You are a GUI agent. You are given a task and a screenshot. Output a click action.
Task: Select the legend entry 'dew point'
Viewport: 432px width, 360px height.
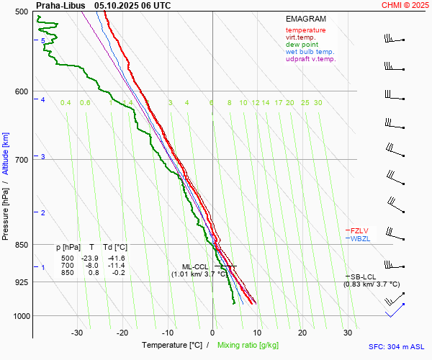click(302, 45)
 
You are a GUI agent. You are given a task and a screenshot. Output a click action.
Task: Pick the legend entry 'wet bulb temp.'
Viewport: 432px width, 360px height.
click(310, 52)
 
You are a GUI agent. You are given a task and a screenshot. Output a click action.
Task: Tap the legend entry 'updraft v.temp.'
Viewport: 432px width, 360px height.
click(310, 59)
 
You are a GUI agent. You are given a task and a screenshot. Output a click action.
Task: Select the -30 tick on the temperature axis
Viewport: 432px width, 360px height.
click(78, 333)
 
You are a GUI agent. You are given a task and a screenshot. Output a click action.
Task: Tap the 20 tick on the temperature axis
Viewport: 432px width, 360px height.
click(303, 333)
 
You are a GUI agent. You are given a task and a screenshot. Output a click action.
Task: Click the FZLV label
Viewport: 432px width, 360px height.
click(361, 231)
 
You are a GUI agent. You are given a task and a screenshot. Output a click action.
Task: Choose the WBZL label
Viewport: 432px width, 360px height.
click(361, 238)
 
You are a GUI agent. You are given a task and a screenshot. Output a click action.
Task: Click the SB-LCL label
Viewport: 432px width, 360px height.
click(365, 276)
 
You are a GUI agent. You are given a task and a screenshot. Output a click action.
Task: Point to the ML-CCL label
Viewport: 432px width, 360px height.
click(195, 266)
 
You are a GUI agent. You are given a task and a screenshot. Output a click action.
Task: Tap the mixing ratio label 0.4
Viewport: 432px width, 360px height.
click(66, 103)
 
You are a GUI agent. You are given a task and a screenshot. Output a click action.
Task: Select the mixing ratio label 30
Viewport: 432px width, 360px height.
click(318, 103)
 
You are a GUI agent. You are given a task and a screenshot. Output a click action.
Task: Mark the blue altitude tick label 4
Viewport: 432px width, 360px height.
click(42, 99)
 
